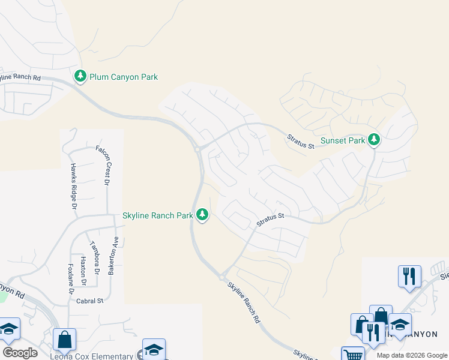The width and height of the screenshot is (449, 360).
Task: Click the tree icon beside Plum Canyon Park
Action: (80, 76)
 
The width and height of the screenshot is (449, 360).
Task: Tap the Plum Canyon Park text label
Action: (124, 77)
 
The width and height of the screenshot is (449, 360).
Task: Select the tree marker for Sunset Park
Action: (375, 140)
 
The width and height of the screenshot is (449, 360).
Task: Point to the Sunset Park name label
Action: (343, 141)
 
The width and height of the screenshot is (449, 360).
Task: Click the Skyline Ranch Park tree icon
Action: (203, 214)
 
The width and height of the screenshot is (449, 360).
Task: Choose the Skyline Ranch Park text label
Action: (158, 215)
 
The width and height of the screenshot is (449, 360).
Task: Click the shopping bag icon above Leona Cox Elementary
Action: (64, 340)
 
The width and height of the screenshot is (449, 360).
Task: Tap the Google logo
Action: (20, 353)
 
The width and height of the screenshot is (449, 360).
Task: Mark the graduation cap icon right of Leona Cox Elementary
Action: (154, 350)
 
